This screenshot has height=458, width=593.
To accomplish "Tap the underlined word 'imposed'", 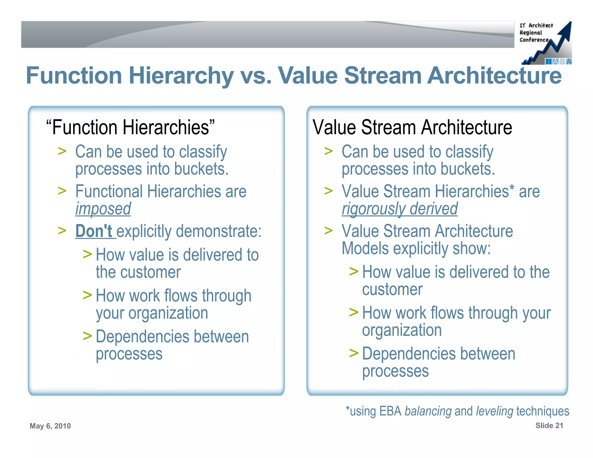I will coord(103,209).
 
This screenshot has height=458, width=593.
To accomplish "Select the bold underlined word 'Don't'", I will coord(94,231).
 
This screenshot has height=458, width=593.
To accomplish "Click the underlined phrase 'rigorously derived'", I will coord(400,209).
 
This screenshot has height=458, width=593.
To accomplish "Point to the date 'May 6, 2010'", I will coord(50,426).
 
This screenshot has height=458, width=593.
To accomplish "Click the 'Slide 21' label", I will coord(549,425).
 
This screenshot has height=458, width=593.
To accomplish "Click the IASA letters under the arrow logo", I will coord(559,61).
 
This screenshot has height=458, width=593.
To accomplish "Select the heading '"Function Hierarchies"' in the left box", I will coord(131,127).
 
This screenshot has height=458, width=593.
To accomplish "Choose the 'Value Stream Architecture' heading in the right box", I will coord(412,127).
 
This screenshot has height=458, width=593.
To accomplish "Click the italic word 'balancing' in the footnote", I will coord(428,411).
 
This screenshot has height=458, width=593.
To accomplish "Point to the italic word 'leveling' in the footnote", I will coord(495,411).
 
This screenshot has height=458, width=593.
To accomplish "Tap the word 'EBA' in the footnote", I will coord(390,411).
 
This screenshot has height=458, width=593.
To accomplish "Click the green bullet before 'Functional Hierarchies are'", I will coord(62,191).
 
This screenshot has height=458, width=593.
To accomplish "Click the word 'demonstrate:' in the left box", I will coord(219,231).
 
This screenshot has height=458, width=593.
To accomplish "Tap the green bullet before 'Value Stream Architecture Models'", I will coord(328,231).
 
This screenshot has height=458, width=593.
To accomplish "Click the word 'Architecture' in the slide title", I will coord(494,76).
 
